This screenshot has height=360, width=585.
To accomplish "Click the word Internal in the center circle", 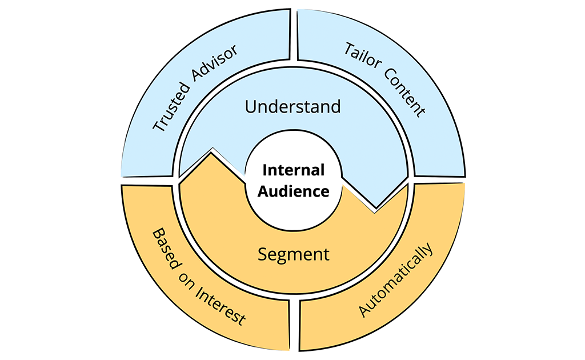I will pyautogui.click(x=293, y=170).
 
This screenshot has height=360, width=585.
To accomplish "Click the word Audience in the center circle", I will pyautogui.click(x=293, y=191).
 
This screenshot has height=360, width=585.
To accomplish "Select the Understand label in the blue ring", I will pyautogui.click(x=292, y=106).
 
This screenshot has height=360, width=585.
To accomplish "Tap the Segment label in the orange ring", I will pyautogui.click(x=293, y=254).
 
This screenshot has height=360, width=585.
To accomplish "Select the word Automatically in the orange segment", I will pyautogui.click(x=396, y=280).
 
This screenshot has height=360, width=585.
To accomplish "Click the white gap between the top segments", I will pyautogui.click(x=293, y=34).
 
